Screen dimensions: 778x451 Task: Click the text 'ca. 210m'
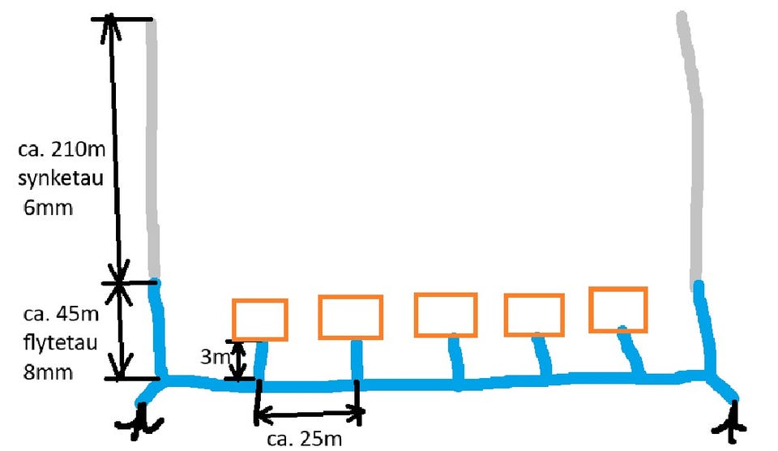(x=62, y=148)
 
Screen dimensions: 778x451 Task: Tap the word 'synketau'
(x=61, y=178)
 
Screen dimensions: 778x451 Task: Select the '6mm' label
(x=48, y=207)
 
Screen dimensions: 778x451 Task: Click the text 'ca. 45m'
(x=61, y=314)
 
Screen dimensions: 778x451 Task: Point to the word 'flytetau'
(x=60, y=343)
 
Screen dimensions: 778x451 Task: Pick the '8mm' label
(x=48, y=372)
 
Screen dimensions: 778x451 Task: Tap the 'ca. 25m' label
(x=304, y=439)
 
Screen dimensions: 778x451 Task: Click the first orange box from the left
(x=260, y=320)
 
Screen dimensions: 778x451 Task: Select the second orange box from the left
(x=350, y=317)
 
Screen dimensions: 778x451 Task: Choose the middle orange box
(x=446, y=315)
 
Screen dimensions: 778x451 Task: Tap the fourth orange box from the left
(x=534, y=315)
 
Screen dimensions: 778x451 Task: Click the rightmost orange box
(x=618, y=309)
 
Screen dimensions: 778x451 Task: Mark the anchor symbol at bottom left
(x=140, y=421)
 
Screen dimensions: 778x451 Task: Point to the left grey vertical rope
(x=152, y=149)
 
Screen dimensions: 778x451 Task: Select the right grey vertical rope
(x=695, y=149)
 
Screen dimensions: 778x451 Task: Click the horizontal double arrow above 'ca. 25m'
(x=309, y=412)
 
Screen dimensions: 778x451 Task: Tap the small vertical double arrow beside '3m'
(x=239, y=360)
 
